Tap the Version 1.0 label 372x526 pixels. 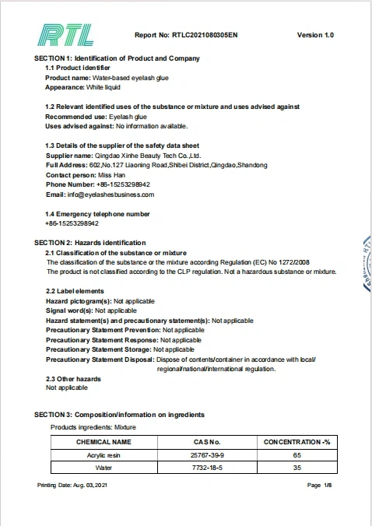point(315,36)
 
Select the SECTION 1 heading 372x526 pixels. point(117,58)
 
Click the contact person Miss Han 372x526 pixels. point(113,175)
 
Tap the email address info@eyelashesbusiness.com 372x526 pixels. point(115,195)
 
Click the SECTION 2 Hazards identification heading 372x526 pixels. point(89,243)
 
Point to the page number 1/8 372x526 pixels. point(325,486)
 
